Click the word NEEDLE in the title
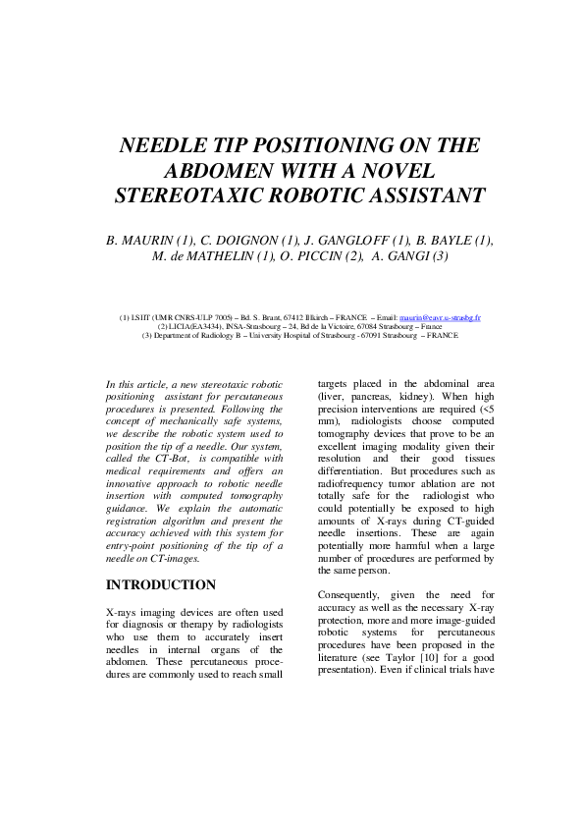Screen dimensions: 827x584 click(163, 146)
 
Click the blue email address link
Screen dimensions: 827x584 click(440, 318)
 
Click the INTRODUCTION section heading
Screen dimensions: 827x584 click(160, 585)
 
